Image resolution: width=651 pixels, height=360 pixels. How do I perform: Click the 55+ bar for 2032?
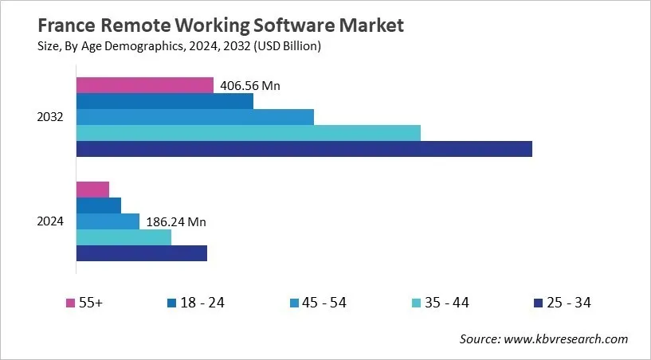click(x=144, y=85)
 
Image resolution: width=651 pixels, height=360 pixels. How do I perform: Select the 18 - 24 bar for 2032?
click(x=164, y=101)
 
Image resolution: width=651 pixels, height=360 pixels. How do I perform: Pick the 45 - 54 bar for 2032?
click(x=194, y=117)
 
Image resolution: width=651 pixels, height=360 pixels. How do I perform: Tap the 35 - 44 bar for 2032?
click(x=248, y=133)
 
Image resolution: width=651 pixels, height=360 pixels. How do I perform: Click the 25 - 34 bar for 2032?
click(x=304, y=149)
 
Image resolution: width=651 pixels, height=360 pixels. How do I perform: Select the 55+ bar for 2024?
click(x=92, y=190)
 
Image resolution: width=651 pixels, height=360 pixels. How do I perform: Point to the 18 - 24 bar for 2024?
click(x=98, y=205)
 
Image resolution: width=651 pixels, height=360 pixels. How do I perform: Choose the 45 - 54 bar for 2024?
click(x=108, y=221)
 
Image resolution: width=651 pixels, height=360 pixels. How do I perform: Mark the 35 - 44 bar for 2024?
click(x=124, y=237)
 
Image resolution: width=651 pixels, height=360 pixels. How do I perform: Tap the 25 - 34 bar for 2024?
click(x=141, y=253)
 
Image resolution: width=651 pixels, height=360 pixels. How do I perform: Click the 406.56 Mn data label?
click(x=250, y=86)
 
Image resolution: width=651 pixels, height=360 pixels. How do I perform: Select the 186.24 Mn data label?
click(x=176, y=222)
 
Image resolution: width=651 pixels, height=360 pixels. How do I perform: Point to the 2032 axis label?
click(x=51, y=117)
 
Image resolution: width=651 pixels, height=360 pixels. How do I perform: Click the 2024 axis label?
click(x=51, y=221)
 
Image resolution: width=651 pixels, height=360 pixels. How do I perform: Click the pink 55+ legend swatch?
click(x=70, y=303)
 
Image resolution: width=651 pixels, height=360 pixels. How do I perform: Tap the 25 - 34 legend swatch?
click(x=537, y=303)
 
